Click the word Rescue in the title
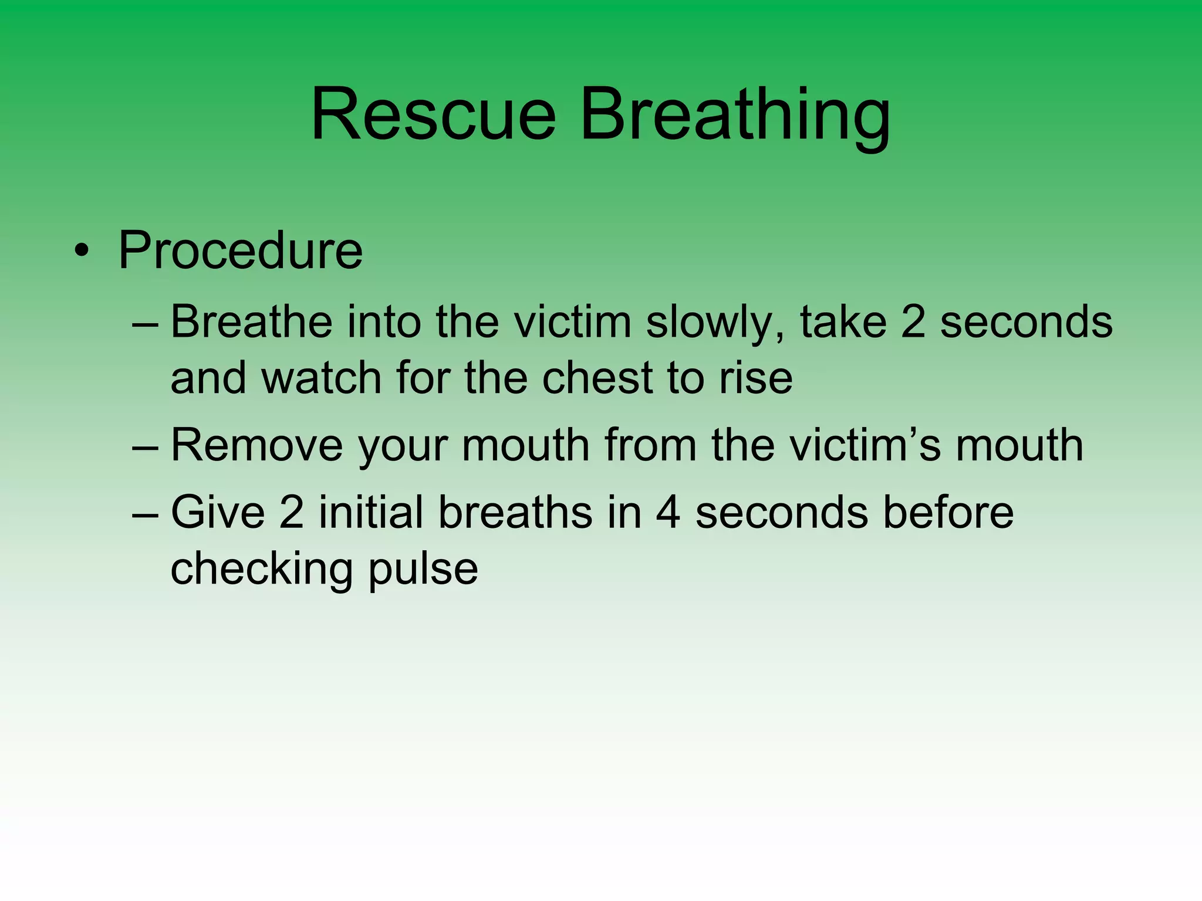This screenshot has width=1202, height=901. point(433,114)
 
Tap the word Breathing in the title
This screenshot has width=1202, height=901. point(735,114)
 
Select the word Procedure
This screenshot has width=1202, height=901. point(241,251)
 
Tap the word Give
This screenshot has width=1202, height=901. point(218,512)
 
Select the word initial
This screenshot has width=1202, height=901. point(372,512)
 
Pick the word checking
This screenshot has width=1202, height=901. point(262,569)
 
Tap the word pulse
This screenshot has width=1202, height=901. point(423,569)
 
